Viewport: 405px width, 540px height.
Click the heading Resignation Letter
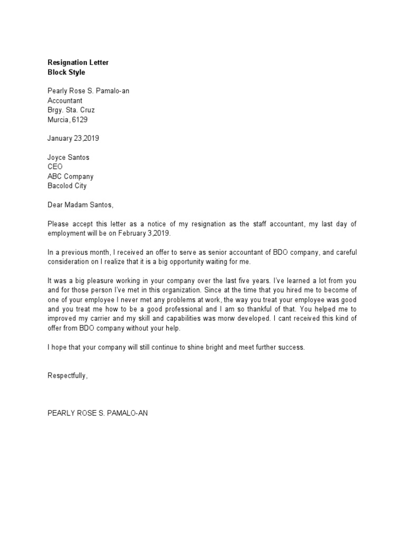(x=78, y=63)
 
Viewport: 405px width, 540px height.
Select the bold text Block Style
(x=66, y=72)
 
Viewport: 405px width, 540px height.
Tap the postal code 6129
(x=80, y=120)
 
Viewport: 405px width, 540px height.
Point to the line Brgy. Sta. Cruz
(x=71, y=110)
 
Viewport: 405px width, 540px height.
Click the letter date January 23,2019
(x=73, y=139)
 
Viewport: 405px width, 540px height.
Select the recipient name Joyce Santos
(x=69, y=158)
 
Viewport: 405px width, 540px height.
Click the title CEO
(x=55, y=167)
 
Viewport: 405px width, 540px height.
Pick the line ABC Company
(x=71, y=177)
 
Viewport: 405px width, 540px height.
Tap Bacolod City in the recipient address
(x=67, y=186)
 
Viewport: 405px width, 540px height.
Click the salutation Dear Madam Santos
(x=80, y=205)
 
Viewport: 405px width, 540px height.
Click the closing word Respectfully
(x=67, y=376)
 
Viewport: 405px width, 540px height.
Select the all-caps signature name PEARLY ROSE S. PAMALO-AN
(x=98, y=414)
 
